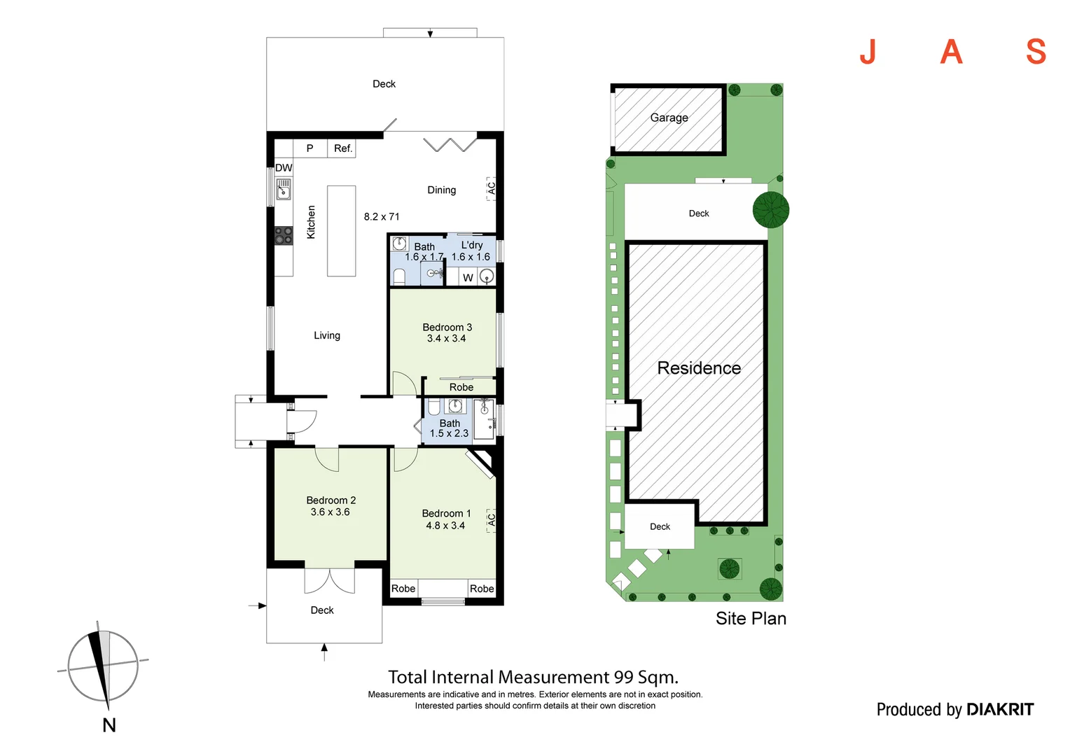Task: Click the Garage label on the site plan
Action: pos(669,118)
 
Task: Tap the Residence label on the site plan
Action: pos(698,368)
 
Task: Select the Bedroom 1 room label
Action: pos(446,514)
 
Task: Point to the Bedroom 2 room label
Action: pos(331,500)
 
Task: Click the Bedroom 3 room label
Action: pos(447,328)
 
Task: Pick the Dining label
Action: pos(441,190)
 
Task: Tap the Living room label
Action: pos(326,335)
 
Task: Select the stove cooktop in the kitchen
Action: pos(283,235)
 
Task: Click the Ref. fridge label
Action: pos(342,148)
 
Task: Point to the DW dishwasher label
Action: pos(284,168)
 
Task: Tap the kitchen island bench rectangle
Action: pos(342,231)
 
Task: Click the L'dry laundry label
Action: pos(472,245)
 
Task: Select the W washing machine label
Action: pos(468,278)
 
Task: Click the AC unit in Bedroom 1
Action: pos(492,520)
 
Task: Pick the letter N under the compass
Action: pos(109,725)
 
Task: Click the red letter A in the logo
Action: pos(951,52)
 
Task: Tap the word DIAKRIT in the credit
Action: pos(999,710)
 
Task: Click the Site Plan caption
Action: pos(751,619)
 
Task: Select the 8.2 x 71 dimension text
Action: pos(382,217)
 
